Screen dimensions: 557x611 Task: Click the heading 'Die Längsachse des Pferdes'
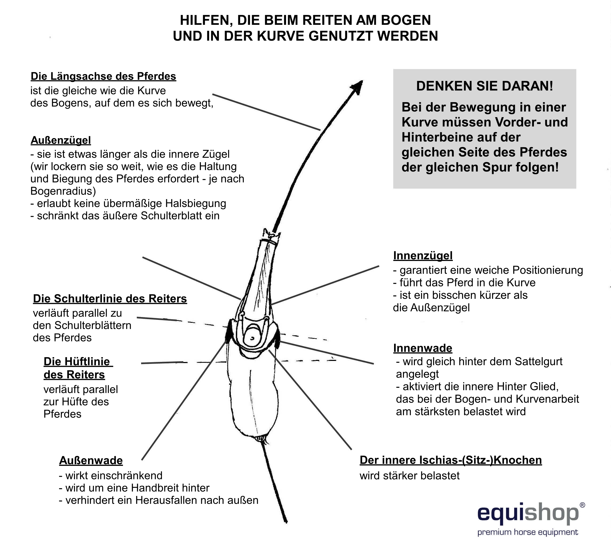click(103, 76)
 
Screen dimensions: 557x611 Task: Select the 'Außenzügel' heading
click(61, 140)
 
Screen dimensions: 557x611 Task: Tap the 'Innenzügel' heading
click(423, 256)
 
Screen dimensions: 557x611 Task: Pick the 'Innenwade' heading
click(422, 348)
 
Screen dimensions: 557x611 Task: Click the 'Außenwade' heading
click(91, 460)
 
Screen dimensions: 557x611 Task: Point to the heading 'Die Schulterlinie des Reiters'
click(110, 299)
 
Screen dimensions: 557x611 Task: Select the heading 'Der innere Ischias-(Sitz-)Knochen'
click(451, 460)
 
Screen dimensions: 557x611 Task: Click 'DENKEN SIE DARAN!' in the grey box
click(485, 86)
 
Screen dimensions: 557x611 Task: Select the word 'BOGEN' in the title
click(406, 20)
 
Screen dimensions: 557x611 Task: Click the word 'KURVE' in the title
click(280, 36)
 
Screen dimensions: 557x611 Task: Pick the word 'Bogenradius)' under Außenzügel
click(63, 191)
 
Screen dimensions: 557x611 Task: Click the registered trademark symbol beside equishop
click(582, 505)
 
